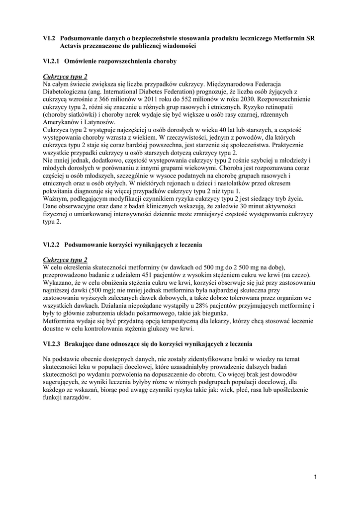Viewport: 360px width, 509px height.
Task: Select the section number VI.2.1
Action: [51, 61]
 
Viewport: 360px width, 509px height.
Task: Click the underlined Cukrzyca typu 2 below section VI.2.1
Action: [65, 77]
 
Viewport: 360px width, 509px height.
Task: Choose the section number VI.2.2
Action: [51, 245]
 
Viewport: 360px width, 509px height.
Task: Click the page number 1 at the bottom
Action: [315, 477]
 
